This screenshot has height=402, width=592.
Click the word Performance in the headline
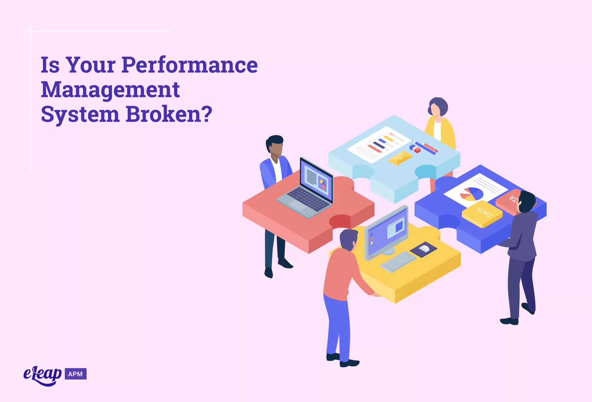pyautogui.click(x=190, y=65)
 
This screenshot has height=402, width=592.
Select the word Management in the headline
pyautogui.click(x=110, y=90)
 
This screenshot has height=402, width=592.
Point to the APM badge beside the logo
pyautogui.click(x=76, y=374)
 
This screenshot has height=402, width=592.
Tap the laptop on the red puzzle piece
pyautogui.click(x=305, y=188)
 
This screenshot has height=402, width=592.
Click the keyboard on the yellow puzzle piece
pyautogui.click(x=398, y=262)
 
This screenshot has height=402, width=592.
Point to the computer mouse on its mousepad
pyautogui.click(x=424, y=249)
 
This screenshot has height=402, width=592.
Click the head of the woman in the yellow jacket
pyautogui.click(x=438, y=107)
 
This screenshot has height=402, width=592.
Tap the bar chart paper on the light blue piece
pyautogui.click(x=379, y=145)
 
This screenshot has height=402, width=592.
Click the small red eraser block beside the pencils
pyautogui.click(x=417, y=150)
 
